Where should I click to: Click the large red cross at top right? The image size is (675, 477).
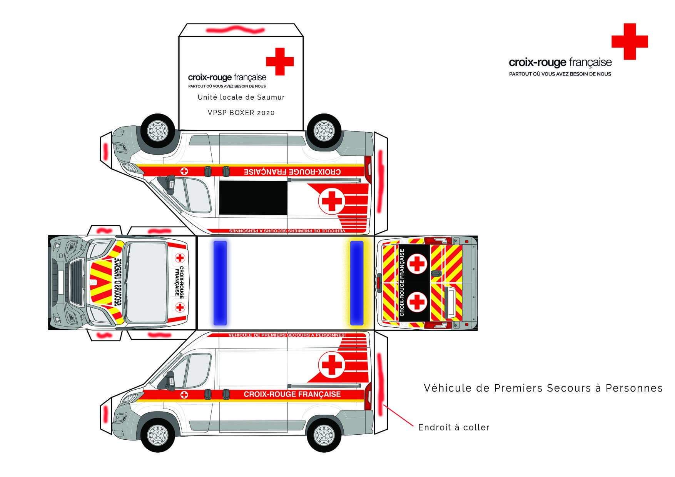630,42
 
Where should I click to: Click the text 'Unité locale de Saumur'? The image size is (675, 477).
241,97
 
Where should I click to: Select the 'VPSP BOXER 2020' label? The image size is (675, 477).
241,113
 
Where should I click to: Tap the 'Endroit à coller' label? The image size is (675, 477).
454,427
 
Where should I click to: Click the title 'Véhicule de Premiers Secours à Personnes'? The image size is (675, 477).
543,388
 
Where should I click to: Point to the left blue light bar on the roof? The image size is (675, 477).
220,283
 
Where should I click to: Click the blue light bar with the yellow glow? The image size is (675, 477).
357,283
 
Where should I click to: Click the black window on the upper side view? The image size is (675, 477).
253,198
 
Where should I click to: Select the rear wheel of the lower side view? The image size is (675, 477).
324,434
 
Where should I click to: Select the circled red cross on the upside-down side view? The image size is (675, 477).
332,200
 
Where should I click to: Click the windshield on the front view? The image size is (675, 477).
146,283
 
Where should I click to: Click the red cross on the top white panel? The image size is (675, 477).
280,62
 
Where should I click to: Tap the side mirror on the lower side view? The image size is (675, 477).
169,381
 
